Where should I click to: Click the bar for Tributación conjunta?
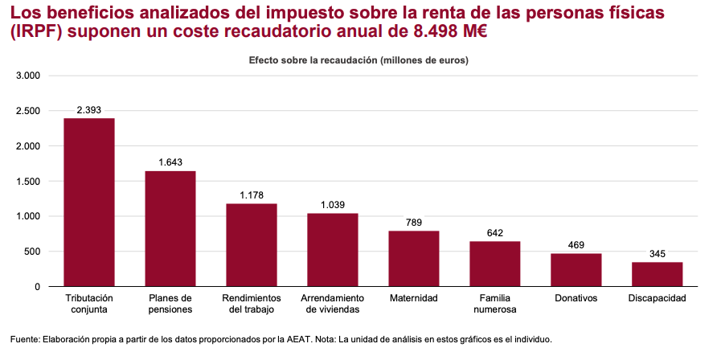[x=89, y=202]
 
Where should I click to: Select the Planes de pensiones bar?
[x=170, y=228]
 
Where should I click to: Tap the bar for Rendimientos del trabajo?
[x=252, y=244]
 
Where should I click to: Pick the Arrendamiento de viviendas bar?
[x=333, y=249]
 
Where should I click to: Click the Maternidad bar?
[x=414, y=258]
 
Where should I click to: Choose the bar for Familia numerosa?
[x=495, y=264]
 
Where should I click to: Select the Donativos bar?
[x=576, y=269]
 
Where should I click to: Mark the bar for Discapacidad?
[x=658, y=274]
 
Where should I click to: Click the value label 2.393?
[x=89, y=109]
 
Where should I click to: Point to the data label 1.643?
[x=170, y=162]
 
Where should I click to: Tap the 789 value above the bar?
[x=414, y=223]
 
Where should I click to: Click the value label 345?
[x=658, y=254]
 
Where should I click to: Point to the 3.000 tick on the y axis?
[x=28, y=76]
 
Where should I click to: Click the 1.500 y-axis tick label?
[x=28, y=181]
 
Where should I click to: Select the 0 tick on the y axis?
[x=37, y=287]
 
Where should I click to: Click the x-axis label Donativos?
[x=576, y=298]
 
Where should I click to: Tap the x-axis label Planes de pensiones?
[x=170, y=304]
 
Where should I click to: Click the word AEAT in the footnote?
[x=320, y=339]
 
